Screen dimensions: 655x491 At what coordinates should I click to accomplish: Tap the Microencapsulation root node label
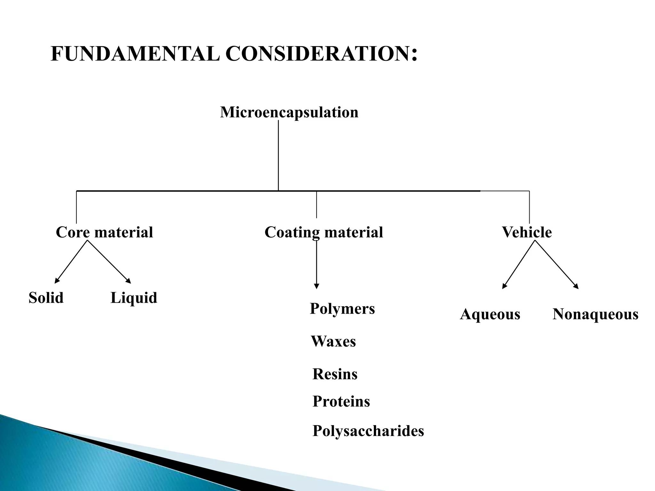[x=289, y=112]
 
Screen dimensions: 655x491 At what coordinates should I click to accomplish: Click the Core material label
[x=104, y=232]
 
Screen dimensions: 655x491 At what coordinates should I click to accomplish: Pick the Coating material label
[x=324, y=232]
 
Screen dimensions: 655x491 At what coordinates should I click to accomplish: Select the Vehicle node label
[x=527, y=232]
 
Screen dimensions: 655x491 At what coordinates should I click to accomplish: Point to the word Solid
[x=46, y=298]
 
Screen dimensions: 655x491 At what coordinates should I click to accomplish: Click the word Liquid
[x=134, y=298]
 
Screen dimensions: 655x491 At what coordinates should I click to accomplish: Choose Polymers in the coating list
[x=342, y=309]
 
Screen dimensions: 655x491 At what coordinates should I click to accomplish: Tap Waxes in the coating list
[x=333, y=341]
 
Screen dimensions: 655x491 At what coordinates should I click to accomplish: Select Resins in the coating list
[x=335, y=374]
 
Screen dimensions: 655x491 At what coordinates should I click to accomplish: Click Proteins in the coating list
[x=341, y=401]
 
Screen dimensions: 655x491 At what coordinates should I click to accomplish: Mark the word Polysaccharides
[x=368, y=431]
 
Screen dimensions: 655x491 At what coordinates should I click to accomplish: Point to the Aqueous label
[x=490, y=314]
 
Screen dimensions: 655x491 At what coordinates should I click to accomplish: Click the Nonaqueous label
[x=596, y=314]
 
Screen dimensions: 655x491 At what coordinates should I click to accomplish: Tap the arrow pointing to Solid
[x=71, y=262]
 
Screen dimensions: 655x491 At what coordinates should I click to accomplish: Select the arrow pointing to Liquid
[x=109, y=262]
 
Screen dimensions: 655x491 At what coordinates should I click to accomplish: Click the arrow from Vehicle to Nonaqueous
[x=557, y=265]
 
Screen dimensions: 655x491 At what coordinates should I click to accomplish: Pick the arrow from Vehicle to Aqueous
[x=518, y=265]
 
